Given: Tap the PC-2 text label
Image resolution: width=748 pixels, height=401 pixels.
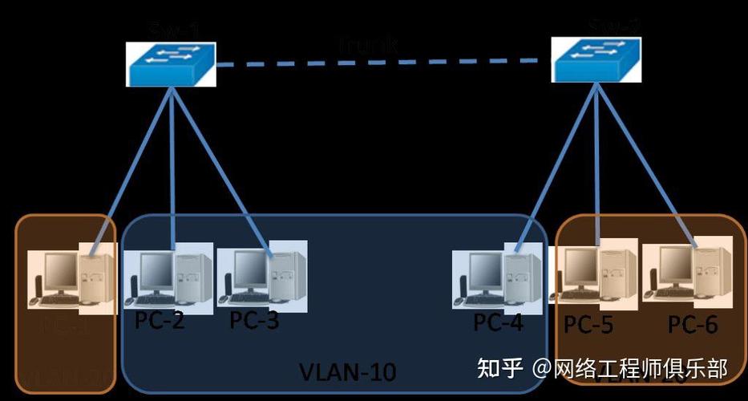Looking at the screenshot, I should pyautogui.click(x=160, y=320).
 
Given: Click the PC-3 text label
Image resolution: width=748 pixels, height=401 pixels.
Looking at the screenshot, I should pyautogui.click(x=254, y=320).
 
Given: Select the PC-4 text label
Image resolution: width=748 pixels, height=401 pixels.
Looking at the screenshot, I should pyautogui.click(x=498, y=322).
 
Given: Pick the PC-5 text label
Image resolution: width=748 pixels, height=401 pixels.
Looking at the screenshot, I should pyautogui.click(x=588, y=324).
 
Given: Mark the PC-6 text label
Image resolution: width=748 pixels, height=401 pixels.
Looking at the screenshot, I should pyautogui.click(x=693, y=324).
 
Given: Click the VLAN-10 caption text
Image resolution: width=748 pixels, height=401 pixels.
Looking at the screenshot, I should pyautogui.click(x=347, y=372).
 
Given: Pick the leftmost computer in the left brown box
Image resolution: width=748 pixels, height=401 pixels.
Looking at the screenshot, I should pyautogui.click(x=72, y=277).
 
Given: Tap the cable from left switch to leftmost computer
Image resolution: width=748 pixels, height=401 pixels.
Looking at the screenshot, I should pyautogui.click(x=132, y=168).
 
